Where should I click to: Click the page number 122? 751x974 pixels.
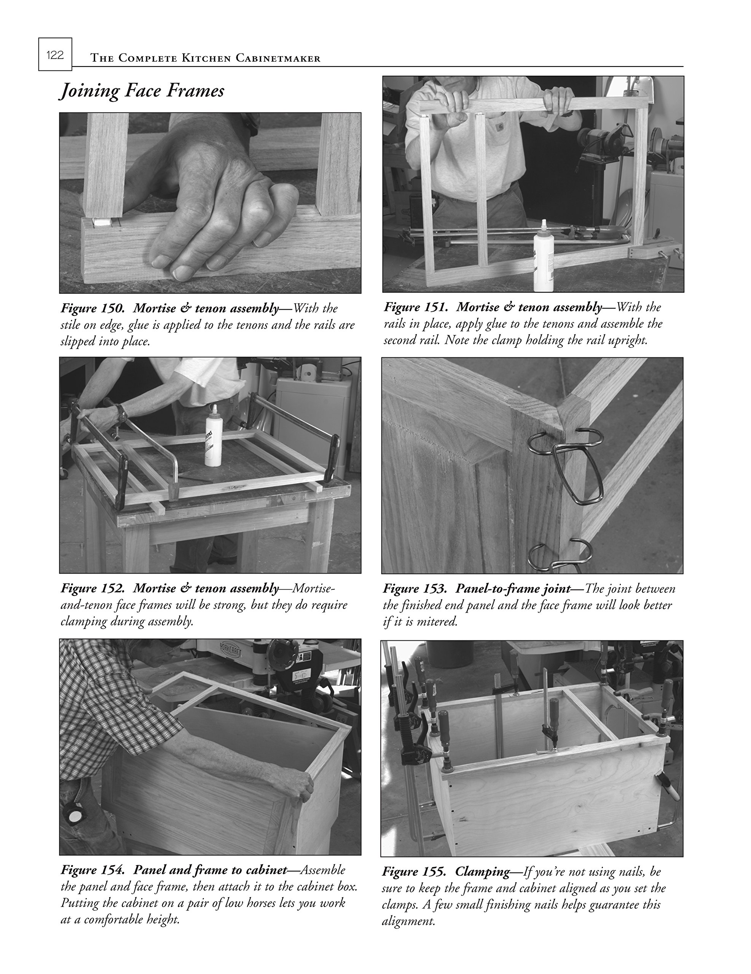pyautogui.click(x=55, y=55)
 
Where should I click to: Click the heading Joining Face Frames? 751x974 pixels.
pyautogui.click(x=142, y=91)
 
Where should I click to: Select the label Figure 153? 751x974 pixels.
pyautogui.click(x=415, y=589)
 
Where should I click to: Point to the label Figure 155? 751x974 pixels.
pyautogui.click(x=414, y=871)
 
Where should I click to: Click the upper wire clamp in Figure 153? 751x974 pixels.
pyautogui.click(x=566, y=464)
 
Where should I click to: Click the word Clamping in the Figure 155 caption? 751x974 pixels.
pyautogui.click(x=482, y=871)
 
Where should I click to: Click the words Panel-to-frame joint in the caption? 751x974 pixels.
pyautogui.click(x=513, y=589)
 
